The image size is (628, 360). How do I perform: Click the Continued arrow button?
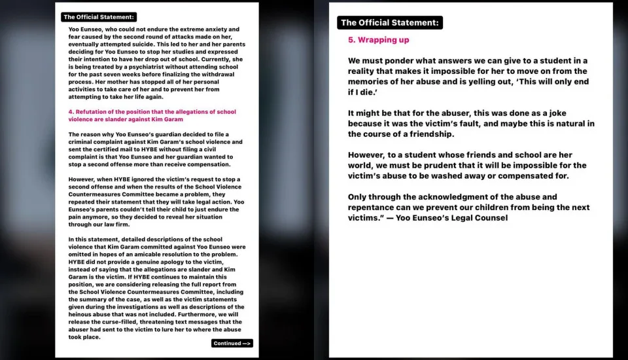232,344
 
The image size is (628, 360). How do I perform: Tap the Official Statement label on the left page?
99,17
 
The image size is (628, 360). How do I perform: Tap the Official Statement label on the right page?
389,22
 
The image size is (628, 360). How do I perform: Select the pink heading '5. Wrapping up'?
378,40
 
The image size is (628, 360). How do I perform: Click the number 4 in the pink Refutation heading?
70,112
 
